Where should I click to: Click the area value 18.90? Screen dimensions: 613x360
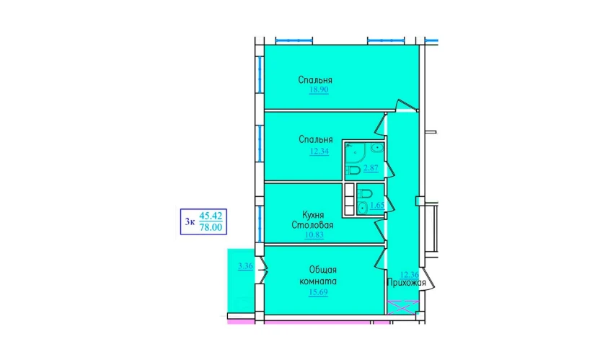coord(319,89)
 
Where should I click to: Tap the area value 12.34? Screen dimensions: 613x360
coord(319,152)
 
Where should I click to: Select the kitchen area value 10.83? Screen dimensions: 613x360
coord(314,234)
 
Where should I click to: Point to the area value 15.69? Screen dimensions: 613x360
coord(318,292)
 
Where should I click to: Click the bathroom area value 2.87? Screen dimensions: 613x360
coord(371,168)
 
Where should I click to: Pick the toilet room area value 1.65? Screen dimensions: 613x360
coord(377,205)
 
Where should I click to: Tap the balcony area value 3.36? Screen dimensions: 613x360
coord(245,266)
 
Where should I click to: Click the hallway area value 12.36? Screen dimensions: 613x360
coord(410,275)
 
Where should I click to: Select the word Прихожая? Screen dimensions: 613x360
coord(406,283)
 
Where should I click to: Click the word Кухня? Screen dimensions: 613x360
coord(313,215)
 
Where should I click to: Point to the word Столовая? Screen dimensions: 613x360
coord(312,225)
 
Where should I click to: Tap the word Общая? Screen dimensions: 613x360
coord(323,270)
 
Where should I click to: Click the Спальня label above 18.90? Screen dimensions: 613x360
coord(315,80)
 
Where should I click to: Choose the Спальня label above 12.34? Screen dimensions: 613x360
coord(315,139)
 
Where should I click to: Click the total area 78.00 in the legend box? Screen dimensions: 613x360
coord(211,227)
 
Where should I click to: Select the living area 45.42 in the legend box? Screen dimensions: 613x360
coord(211,216)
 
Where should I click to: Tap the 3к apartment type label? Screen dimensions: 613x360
coord(190,222)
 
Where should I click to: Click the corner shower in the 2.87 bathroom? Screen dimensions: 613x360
coord(355,152)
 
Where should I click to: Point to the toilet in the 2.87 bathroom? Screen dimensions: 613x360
coord(353,170)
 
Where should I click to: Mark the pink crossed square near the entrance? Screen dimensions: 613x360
coord(402,307)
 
